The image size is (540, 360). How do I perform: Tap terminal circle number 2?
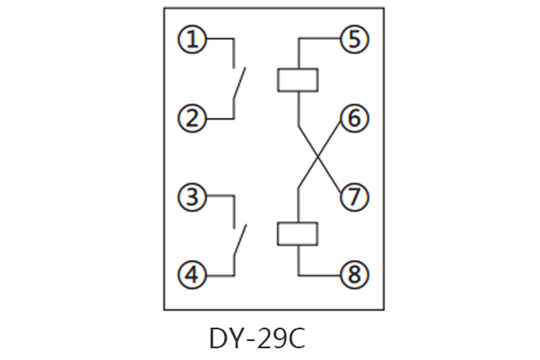click(x=191, y=117)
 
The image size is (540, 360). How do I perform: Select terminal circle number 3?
click(x=191, y=195)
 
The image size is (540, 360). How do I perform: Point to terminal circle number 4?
click(x=191, y=274)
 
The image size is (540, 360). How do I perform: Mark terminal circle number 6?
click(x=354, y=117)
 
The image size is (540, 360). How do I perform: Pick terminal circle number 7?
click(x=354, y=195)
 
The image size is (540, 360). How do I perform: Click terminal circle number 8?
click(x=354, y=274)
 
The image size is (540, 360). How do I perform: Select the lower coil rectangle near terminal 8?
click(x=297, y=234)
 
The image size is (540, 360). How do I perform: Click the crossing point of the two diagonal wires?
click(x=319, y=157)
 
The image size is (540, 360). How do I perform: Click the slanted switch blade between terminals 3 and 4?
click(x=240, y=241)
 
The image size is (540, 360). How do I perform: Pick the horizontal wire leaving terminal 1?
click(x=218, y=39)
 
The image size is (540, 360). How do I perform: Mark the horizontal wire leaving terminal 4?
click(x=218, y=274)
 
